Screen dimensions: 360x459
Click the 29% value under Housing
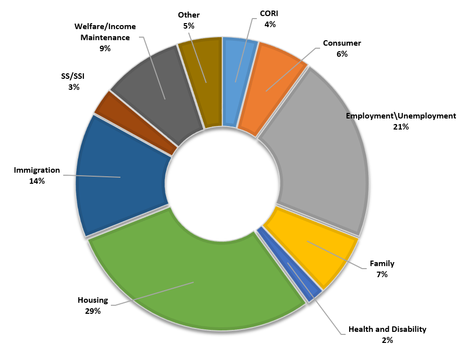pyautogui.click(x=93, y=311)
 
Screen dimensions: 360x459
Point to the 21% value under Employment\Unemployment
pyautogui.click(x=401, y=127)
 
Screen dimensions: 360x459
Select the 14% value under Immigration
pyautogui.click(x=37, y=181)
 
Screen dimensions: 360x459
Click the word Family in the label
pyautogui.click(x=382, y=264)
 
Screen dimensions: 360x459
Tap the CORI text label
pyautogui.click(x=269, y=14)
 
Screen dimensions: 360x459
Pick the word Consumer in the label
pyautogui.click(x=342, y=43)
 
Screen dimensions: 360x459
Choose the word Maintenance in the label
pyautogui.click(x=105, y=37)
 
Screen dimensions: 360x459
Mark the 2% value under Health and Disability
pyautogui.click(x=387, y=340)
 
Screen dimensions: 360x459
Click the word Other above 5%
pyautogui.click(x=189, y=15)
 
